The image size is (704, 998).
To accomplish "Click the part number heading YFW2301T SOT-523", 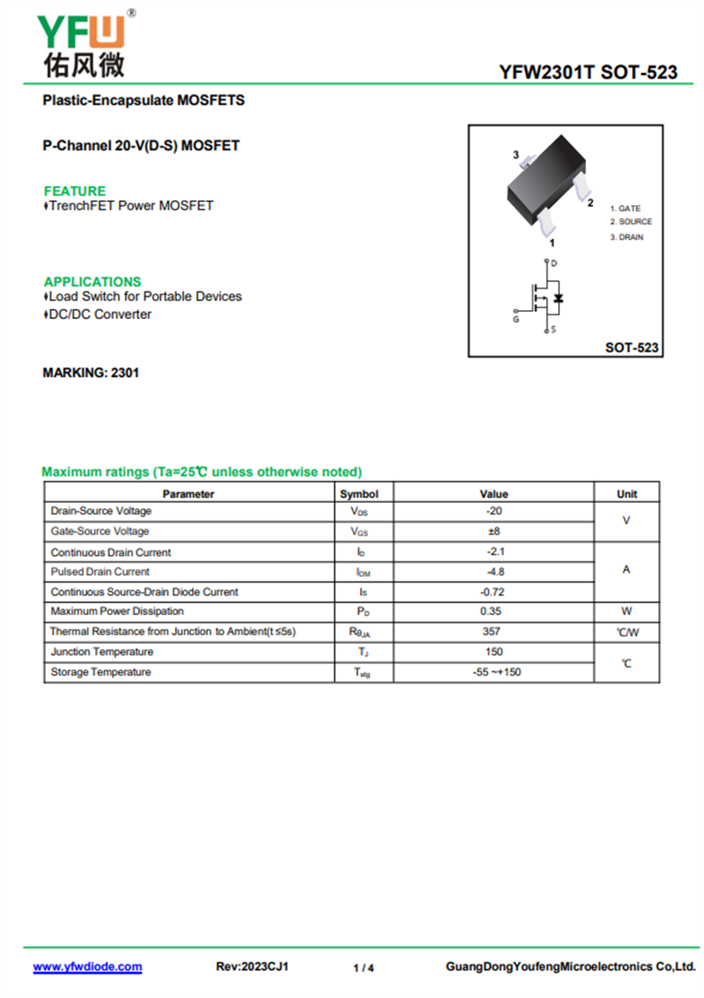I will pyautogui.click(x=588, y=72).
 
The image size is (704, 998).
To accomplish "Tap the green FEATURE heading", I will pyautogui.click(x=75, y=191).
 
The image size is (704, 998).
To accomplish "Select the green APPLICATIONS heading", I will pyautogui.click(x=92, y=282).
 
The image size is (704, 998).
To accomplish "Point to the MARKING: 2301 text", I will pyautogui.click(x=91, y=373).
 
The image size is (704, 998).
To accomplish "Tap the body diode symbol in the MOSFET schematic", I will pyautogui.click(x=559, y=298).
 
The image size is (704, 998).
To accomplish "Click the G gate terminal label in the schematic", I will pyautogui.click(x=516, y=319).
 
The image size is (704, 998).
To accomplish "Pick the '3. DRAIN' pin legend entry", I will pyautogui.click(x=627, y=237).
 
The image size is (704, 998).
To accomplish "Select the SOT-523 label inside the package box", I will pyautogui.click(x=632, y=348).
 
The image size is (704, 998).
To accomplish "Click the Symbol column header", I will pyautogui.click(x=359, y=494).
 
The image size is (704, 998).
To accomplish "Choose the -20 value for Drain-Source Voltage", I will pyautogui.click(x=494, y=511).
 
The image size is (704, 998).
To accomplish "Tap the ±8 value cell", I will pyautogui.click(x=494, y=531).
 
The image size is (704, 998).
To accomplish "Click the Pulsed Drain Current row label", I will pyautogui.click(x=100, y=572).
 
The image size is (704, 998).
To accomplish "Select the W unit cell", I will pyautogui.click(x=627, y=611).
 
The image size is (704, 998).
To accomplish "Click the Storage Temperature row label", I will pyautogui.click(x=101, y=672).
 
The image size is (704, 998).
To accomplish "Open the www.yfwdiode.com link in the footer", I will pyautogui.click(x=87, y=966).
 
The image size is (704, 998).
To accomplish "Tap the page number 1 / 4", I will pyautogui.click(x=363, y=968).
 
